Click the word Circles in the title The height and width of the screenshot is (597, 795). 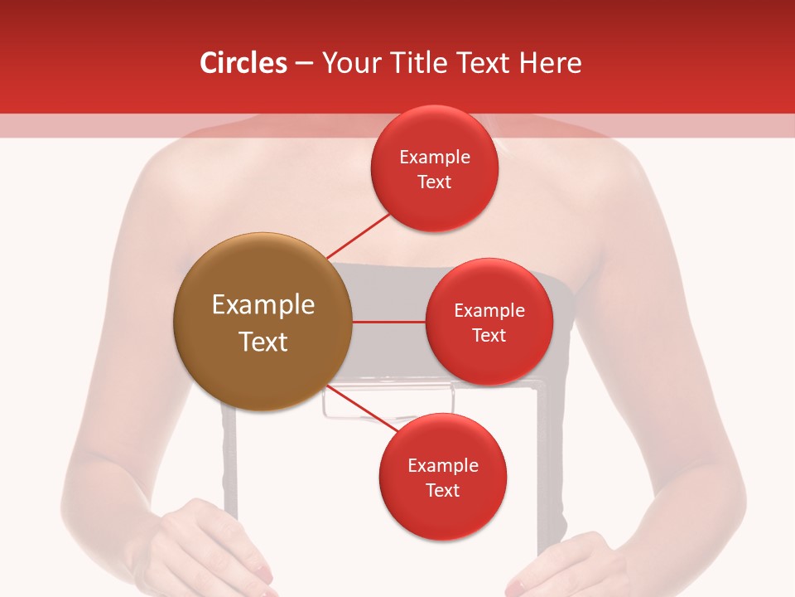click(243, 63)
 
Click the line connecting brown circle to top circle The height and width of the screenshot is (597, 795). click(358, 235)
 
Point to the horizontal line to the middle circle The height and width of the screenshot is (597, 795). click(389, 322)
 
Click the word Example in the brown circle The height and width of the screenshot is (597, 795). click(263, 305)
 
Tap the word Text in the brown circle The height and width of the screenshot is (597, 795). click(263, 342)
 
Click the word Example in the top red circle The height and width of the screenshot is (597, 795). click(435, 158)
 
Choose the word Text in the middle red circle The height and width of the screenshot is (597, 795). click(489, 336)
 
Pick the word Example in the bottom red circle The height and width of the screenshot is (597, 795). click(442, 466)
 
